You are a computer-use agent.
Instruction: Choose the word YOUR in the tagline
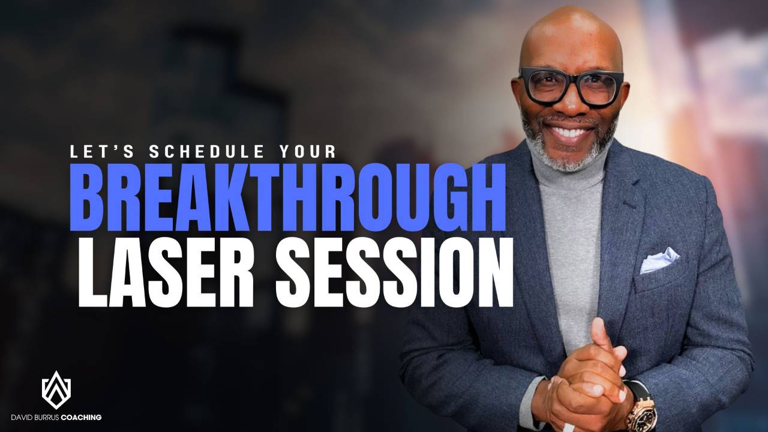point(313,152)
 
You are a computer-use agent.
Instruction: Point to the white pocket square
point(659,261)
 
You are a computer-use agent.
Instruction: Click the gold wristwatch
point(641,413)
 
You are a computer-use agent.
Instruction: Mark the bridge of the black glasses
point(571,81)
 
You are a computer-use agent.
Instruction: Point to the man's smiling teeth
point(570,130)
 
